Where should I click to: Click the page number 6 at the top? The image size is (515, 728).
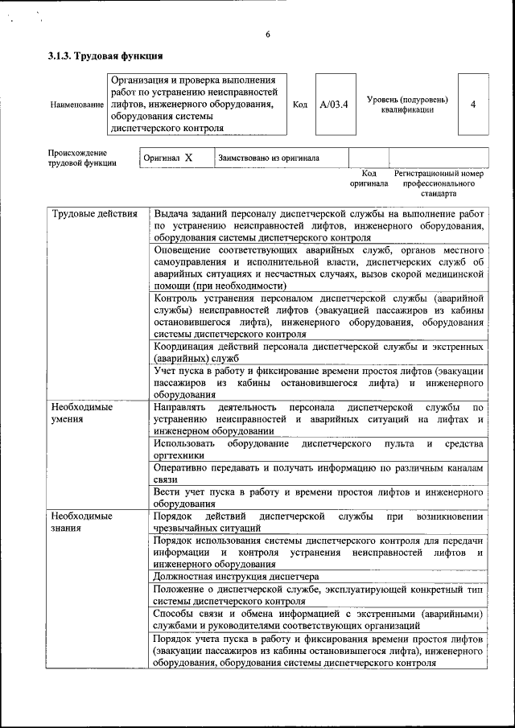tap(268, 34)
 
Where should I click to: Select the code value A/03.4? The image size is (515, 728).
tap(333, 105)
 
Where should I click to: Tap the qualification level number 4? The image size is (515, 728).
tap(472, 105)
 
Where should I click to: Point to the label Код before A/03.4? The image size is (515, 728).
tap(299, 105)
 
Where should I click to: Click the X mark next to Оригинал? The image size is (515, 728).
tap(188, 158)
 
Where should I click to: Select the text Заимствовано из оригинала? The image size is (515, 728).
tap(269, 158)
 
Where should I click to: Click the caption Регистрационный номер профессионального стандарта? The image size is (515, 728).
tap(438, 183)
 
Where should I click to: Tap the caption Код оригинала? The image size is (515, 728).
tap(369, 178)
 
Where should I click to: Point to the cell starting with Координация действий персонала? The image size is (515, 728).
tap(319, 352)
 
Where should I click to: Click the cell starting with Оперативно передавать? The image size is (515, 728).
tap(319, 473)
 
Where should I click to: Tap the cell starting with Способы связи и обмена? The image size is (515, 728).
tap(319, 619)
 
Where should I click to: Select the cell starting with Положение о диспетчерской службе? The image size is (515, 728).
tap(319, 594)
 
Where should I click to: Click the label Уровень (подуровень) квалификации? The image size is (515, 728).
tap(407, 105)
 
